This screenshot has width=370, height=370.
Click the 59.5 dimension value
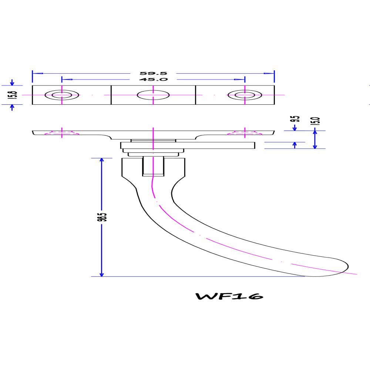(x=153, y=73)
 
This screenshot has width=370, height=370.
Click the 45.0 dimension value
(x=153, y=80)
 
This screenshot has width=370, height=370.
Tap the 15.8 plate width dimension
(x=12, y=95)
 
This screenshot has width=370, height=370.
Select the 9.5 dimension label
(x=295, y=120)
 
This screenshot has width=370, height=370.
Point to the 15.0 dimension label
(x=317, y=121)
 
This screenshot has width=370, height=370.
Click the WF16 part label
(x=229, y=297)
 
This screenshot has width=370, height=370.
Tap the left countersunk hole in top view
(x=62, y=95)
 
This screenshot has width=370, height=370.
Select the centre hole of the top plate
(x=153, y=95)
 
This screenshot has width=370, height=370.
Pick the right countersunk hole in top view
(x=245, y=95)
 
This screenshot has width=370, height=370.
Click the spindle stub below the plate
(x=153, y=166)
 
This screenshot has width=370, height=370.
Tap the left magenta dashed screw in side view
(x=62, y=133)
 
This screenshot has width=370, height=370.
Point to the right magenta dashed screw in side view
(x=245, y=133)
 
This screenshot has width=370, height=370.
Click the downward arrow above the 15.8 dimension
(x=12, y=83)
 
